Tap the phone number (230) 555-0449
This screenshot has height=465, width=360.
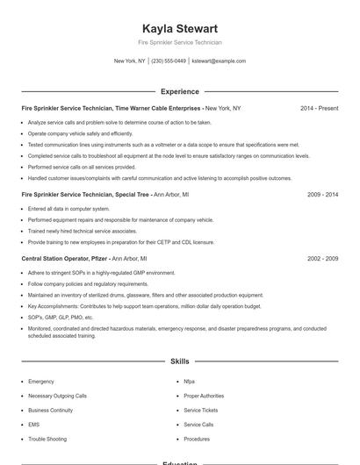tap(169, 61)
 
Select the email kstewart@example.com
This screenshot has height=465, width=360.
tap(219, 61)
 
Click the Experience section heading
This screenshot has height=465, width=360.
tap(179, 91)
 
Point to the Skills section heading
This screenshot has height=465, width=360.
tap(179, 361)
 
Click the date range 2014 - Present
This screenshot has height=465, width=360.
tap(319, 108)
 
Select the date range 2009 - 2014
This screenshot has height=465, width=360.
tap(323, 194)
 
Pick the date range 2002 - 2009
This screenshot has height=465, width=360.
tap(323, 259)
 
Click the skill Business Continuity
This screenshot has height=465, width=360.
tap(50, 410)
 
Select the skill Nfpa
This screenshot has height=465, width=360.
tap(189, 382)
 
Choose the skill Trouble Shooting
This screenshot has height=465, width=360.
tap(47, 438)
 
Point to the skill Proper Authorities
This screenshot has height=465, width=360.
tap(204, 396)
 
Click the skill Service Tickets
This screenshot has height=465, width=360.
tap(201, 410)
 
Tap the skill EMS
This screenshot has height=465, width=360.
tap(33, 424)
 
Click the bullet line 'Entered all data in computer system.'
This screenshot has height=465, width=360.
tap(68, 209)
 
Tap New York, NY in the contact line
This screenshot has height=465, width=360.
tap(130, 61)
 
